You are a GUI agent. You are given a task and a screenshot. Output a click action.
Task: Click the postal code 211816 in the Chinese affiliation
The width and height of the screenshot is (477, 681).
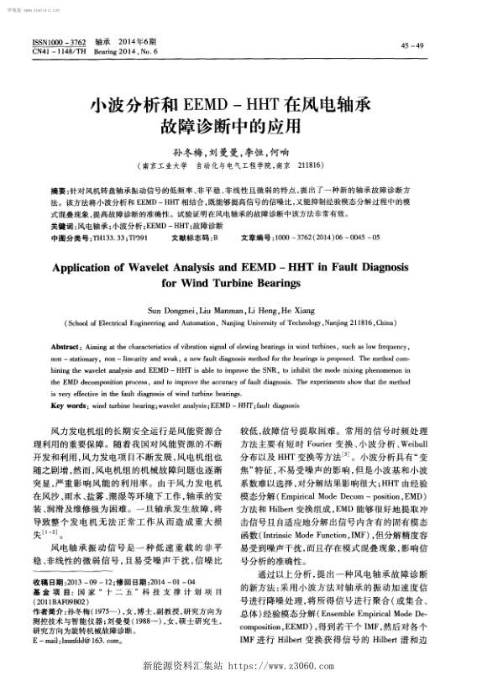[x=320, y=165]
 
